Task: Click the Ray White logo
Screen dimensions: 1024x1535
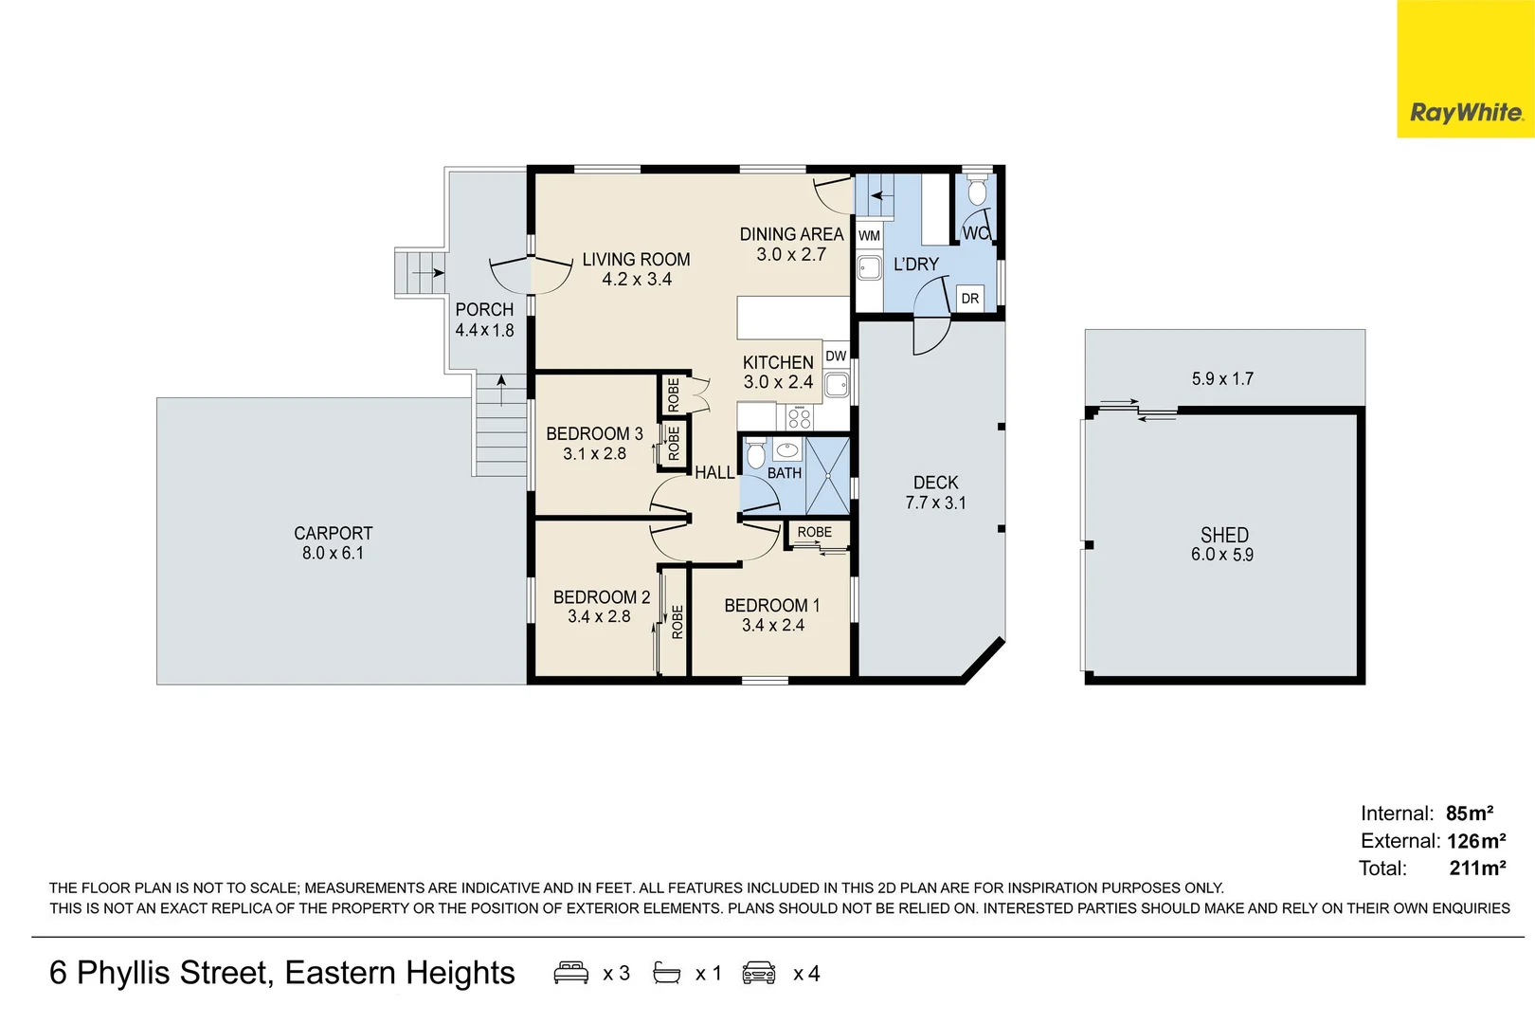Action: point(1466,112)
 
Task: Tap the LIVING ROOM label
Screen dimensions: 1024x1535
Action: point(636,260)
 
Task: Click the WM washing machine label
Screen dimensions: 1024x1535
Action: point(869,235)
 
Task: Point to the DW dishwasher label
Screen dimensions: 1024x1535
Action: point(836,357)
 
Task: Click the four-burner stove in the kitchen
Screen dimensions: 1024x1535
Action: point(800,417)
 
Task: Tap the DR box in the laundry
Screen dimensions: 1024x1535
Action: point(970,299)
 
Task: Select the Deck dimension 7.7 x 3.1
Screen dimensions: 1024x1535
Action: point(935,503)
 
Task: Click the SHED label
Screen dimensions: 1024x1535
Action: point(1224,535)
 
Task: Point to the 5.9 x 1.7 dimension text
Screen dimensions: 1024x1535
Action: point(1222,379)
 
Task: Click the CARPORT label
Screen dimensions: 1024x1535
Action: point(333,533)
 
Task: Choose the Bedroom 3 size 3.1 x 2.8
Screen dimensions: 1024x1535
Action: point(594,454)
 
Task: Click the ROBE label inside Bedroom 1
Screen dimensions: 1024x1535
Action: point(814,532)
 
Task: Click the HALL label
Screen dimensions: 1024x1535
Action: point(714,472)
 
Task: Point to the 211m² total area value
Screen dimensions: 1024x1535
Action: point(1477,868)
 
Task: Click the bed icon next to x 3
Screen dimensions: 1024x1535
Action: point(570,973)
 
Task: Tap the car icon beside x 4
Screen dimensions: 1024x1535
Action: point(759,973)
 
